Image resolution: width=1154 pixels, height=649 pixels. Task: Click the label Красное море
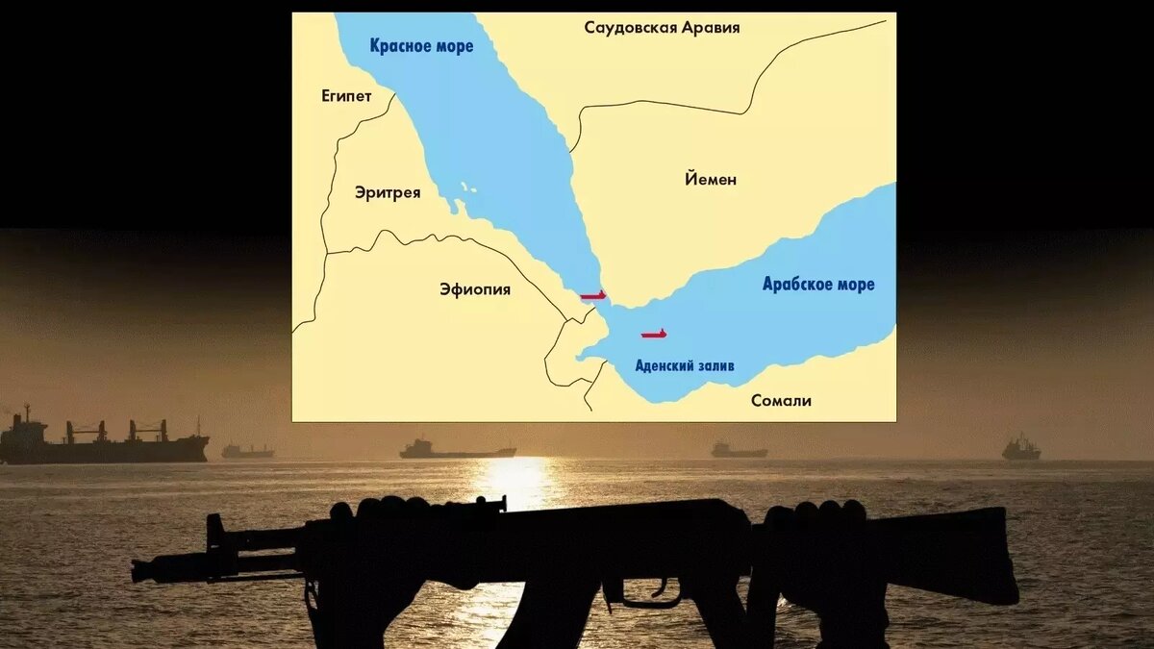coord(421,46)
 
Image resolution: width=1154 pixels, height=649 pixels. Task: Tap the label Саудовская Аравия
coord(662,27)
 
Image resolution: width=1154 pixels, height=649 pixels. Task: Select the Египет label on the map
coord(346,96)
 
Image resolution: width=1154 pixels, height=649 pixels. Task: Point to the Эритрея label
coord(388,192)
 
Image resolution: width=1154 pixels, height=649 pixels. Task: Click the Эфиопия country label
coord(474,288)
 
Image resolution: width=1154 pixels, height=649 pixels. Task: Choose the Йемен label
coord(711,179)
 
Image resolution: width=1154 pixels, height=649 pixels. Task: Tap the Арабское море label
coord(818,285)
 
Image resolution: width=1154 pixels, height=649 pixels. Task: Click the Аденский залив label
coord(685,365)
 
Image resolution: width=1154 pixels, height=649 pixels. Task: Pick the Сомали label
coord(781,400)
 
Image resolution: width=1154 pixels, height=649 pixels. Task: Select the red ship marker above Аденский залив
coord(654,334)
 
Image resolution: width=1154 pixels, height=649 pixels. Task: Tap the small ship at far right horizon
coord(1020,448)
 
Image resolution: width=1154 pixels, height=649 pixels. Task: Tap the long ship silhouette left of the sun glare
coord(457,450)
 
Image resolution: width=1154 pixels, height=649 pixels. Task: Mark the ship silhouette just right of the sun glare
coord(739,450)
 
